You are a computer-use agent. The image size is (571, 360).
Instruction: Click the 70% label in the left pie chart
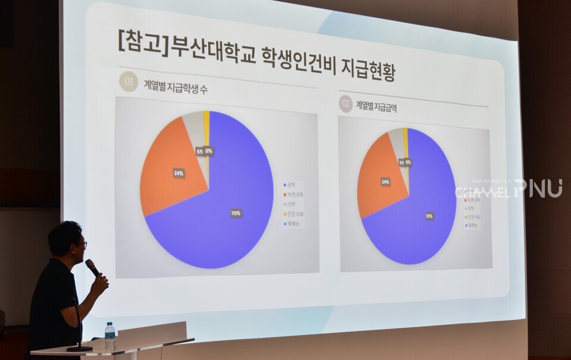coord(236,213)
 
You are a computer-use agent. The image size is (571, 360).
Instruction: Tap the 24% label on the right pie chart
coord(385,181)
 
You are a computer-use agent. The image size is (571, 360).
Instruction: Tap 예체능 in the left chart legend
coord(294,224)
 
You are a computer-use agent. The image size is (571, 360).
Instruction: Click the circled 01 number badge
coord(128,82)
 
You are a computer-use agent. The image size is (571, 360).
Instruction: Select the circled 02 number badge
coord(346,104)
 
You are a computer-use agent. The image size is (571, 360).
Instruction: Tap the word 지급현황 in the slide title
coord(368,68)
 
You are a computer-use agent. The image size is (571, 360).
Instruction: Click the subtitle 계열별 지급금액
coord(376,107)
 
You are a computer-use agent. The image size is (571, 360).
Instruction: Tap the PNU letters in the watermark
coord(538,188)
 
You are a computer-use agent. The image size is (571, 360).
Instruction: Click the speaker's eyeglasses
coord(82,243)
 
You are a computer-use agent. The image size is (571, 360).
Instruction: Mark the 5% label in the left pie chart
coord(199,151)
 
